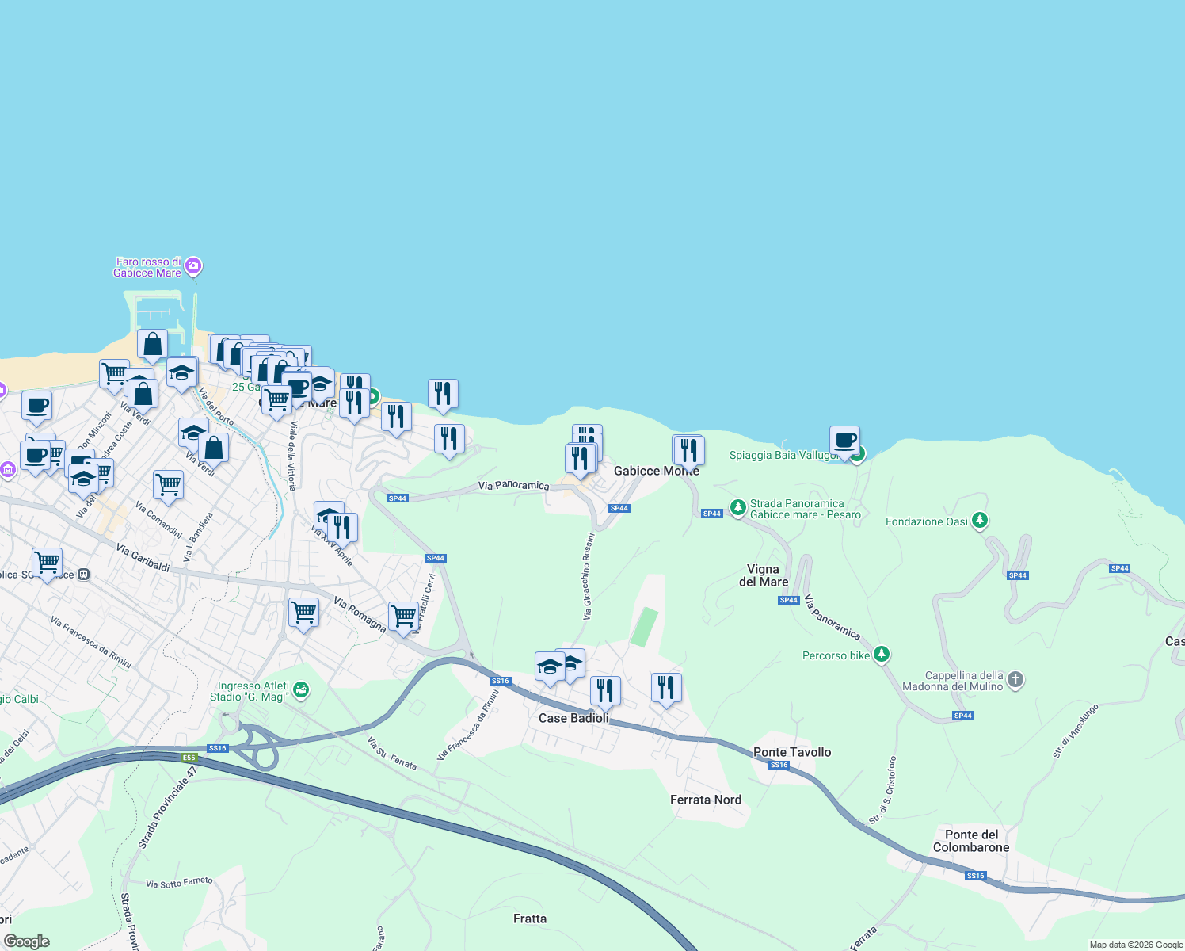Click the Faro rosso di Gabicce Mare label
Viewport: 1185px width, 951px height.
pos(147,267)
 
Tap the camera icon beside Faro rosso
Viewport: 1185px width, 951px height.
pos(194,266)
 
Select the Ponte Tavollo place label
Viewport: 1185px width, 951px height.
pos(792,752)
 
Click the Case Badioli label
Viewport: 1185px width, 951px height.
pos(573,718)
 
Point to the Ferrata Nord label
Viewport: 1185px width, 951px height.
pos(706,800)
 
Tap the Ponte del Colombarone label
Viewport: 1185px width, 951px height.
pos(971,841)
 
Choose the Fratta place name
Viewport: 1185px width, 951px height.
pos(530,919)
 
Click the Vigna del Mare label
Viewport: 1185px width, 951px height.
pos(764,575)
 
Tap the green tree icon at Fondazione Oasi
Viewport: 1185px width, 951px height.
pos(981,521)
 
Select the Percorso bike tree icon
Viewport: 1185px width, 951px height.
pos(882,655)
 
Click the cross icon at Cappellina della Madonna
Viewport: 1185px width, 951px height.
pos(1015,680)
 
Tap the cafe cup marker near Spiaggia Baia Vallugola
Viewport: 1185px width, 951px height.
pos(844,440)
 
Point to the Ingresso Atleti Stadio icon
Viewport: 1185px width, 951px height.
pos(300,689)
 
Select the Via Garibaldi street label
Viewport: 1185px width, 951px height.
pos(143,557)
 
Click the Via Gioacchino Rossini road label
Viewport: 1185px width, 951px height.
pos(588,576)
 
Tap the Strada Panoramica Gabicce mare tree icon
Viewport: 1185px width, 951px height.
pos(737,507)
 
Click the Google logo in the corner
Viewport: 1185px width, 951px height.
pos(27,941)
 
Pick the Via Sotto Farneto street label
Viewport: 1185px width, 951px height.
pos(180,882)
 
